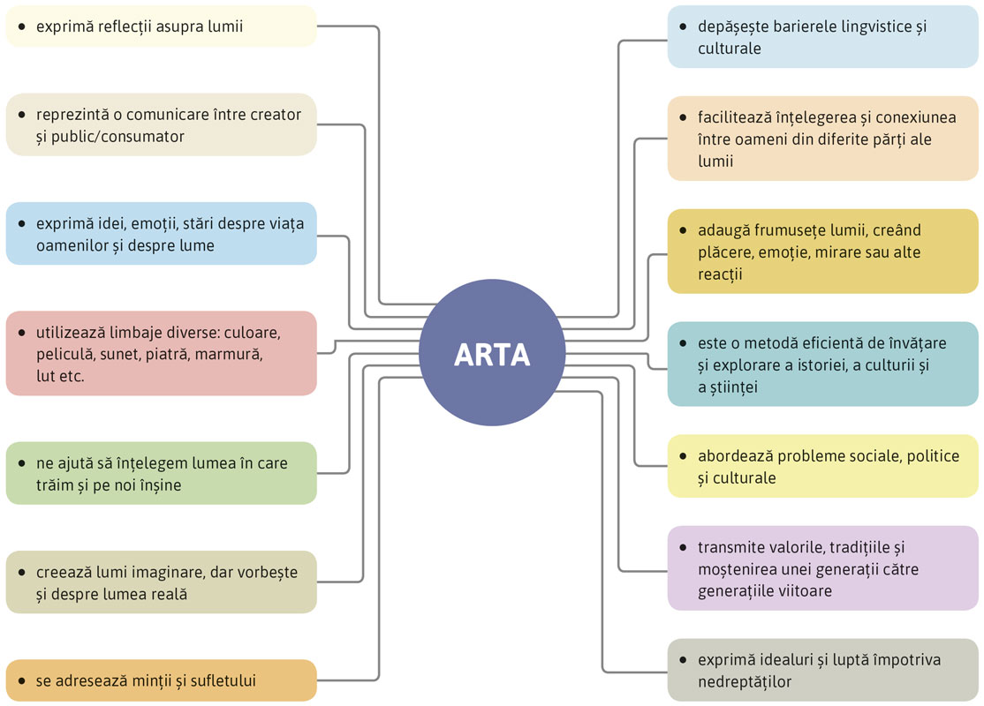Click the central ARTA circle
pos(492,353)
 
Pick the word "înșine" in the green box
pos(159,484)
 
